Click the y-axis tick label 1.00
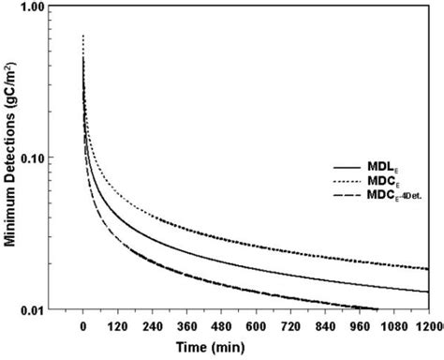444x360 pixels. point(36,7)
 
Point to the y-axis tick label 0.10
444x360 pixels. point(36,157)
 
